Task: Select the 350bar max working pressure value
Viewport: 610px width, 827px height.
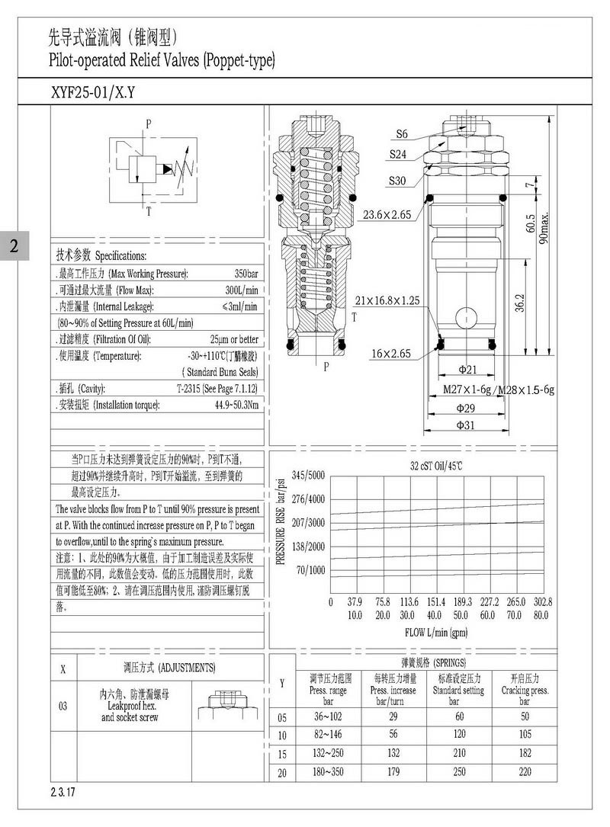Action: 246,274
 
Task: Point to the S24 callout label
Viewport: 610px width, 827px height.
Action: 398,155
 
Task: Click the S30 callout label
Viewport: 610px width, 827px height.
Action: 398,181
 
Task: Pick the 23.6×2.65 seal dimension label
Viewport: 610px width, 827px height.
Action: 387,215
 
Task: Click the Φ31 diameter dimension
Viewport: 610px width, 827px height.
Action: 466,425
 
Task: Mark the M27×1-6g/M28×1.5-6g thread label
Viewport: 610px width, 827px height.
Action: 499,389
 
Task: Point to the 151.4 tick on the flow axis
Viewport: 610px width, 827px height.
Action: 436,601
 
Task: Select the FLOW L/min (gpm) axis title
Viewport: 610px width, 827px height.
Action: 436,632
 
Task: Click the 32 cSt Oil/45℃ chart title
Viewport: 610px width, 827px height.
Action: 437,465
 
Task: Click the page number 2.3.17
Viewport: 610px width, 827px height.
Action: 63,793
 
